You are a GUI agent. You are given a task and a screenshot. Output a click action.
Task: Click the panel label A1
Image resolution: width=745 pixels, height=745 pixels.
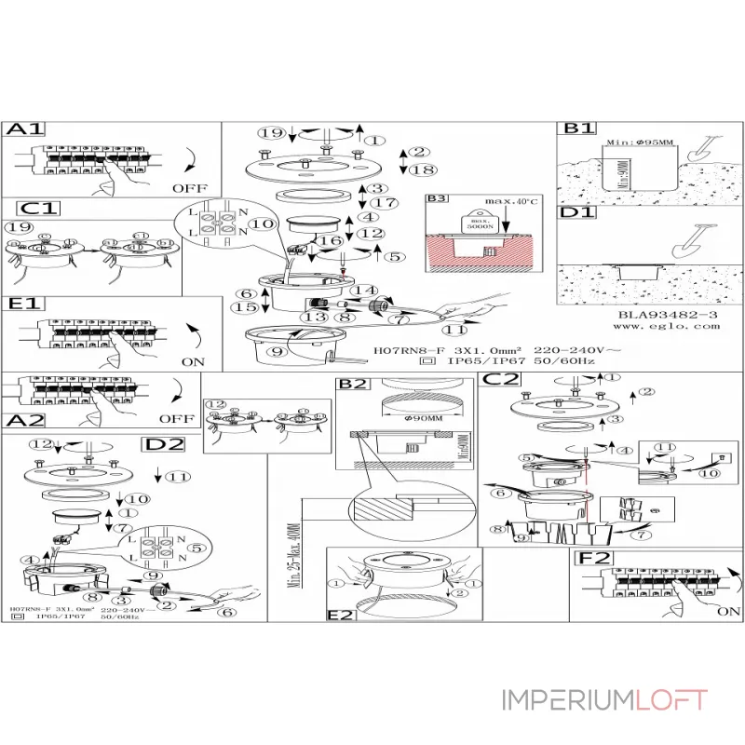25,131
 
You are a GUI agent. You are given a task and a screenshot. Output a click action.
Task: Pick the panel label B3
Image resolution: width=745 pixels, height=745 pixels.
436,198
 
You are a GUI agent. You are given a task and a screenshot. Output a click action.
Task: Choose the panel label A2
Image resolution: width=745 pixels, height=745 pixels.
25,420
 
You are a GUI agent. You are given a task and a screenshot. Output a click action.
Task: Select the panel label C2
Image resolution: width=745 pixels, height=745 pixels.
500,380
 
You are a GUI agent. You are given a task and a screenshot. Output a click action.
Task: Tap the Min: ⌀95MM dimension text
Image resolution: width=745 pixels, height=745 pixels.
637,142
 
